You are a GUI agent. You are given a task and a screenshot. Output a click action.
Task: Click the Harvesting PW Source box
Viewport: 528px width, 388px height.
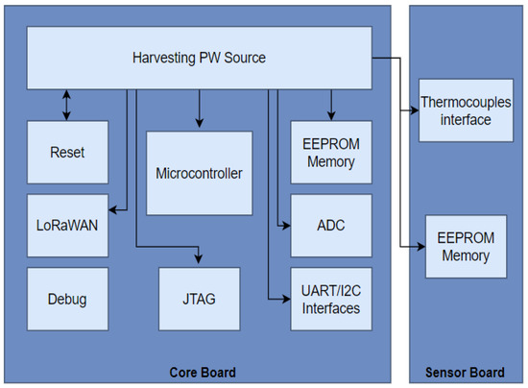tap(199, 59)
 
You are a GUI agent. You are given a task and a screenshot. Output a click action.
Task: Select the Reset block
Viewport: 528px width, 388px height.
tap(66, 153)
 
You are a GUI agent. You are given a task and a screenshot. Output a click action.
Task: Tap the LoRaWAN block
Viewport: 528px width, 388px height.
tap(66, 225)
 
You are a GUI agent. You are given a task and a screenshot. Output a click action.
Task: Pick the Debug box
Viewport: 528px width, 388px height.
tap(66, 299)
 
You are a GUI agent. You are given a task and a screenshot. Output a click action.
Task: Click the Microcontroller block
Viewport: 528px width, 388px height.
tap(199, 174)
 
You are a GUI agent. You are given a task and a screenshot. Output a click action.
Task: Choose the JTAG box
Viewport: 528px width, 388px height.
tap(198, 299)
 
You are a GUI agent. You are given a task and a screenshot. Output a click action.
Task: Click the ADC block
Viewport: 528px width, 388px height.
tap(331, 226)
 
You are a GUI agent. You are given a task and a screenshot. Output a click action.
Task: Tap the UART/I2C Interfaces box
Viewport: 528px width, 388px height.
tap(331, 298)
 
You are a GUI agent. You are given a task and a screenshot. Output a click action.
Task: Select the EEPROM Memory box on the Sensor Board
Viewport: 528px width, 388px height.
tap(464, 247)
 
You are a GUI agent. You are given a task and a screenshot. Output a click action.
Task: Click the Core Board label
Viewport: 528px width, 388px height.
tap(203, 373)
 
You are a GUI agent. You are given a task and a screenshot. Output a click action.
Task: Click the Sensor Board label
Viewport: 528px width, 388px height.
tap(464, 373)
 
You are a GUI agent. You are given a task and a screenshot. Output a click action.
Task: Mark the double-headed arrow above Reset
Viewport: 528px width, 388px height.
tap(66, 105)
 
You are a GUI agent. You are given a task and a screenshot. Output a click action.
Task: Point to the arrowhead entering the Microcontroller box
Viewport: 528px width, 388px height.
tap(199, 124)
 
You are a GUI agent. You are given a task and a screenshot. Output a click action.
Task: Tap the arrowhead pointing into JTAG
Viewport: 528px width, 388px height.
tap(199, 259)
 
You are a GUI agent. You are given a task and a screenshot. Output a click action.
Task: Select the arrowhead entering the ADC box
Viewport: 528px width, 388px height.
tap(285, 226)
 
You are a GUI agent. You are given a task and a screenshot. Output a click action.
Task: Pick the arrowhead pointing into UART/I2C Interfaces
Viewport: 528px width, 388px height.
tap(285, 298)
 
